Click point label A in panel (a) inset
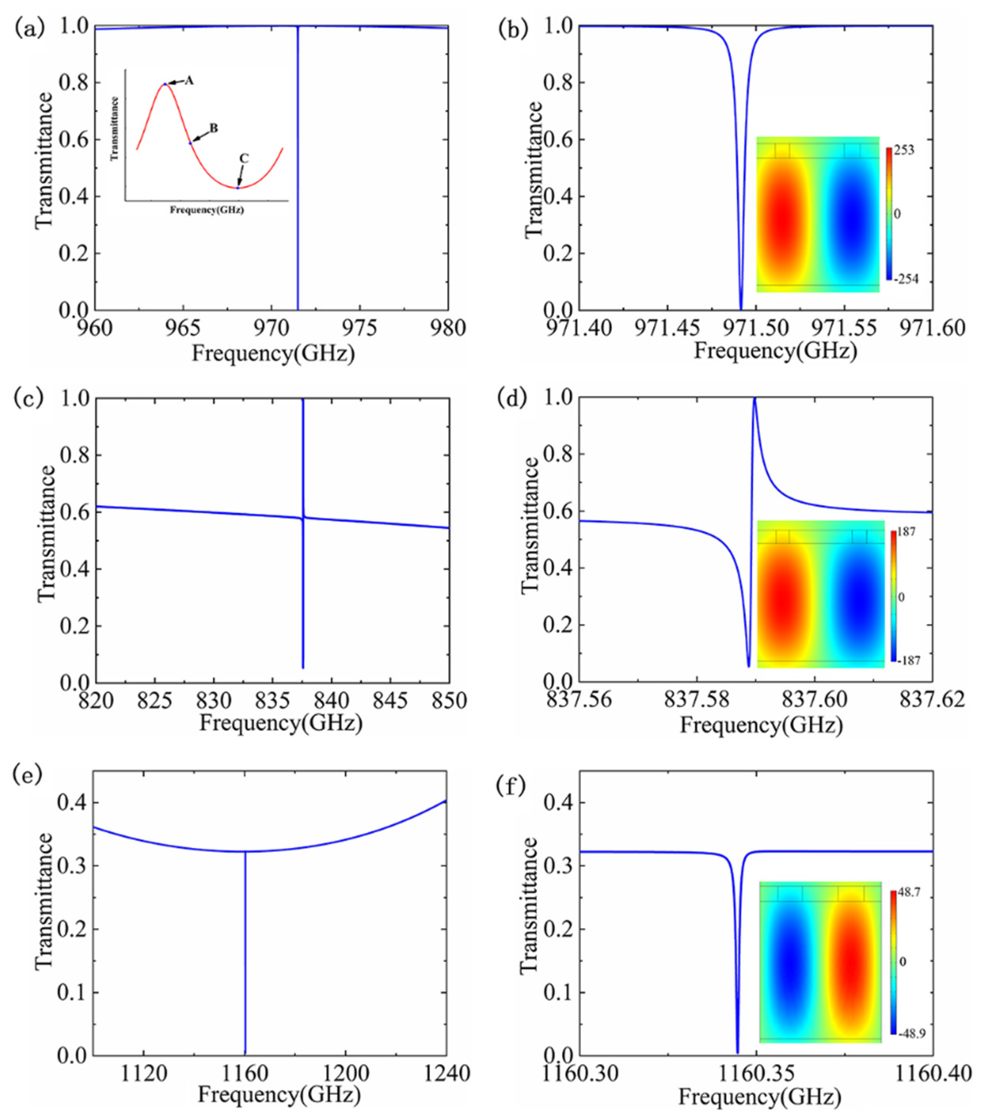coord(189,81)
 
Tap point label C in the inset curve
coord(244,158)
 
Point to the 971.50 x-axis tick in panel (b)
coord(755,328)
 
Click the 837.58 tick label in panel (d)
coord(696,700)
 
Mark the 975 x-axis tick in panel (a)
coord(360,328)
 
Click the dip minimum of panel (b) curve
coord(741,308)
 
